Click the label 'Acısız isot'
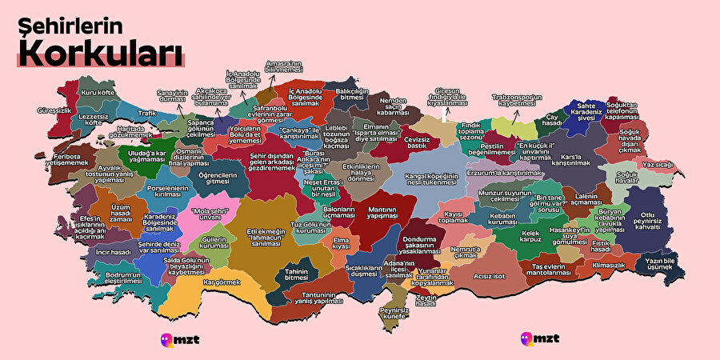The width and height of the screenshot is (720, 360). click(489, 276)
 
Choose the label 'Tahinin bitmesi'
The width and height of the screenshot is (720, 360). click(297, 275)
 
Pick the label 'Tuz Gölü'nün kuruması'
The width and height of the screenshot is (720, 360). click(310, 228)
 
